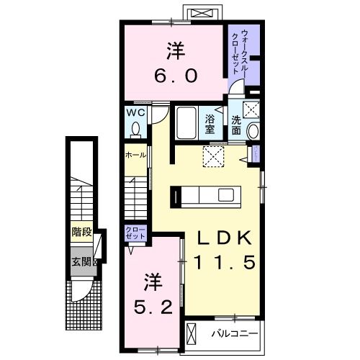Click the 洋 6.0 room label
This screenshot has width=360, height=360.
[174, 62]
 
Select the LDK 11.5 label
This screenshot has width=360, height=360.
[223, 250]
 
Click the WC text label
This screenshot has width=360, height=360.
[136, 114]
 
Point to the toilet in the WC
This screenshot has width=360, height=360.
[135, 130]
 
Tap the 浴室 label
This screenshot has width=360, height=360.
[211, 124]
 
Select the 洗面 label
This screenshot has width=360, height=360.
[237, 125]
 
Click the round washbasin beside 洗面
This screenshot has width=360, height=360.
[253, 130]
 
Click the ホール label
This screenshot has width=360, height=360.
[135, 155]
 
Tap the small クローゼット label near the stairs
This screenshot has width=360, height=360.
[135, 233]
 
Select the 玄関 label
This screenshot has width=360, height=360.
[81, 261]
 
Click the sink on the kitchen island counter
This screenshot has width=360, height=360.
[225, 195]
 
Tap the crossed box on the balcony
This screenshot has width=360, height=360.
[191, 333]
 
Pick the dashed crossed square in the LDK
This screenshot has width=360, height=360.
[213, 155]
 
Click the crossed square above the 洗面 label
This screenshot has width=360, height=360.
[253, 109]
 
